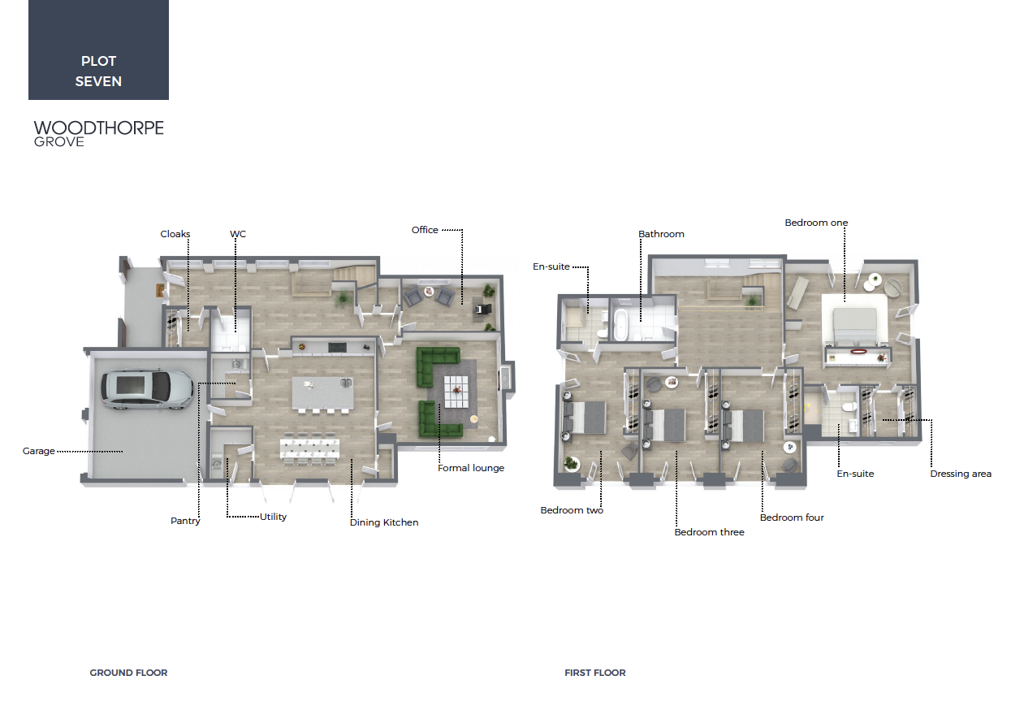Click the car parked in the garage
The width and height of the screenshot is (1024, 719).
(147, 390)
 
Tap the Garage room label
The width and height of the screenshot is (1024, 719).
(38, 451)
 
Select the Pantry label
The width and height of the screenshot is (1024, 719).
(185, 521)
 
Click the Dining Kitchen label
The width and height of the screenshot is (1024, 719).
(384, 522)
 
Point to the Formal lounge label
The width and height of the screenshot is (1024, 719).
(471, 468)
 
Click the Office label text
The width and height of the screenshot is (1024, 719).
(425, 230)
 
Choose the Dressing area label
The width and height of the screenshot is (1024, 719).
(961, 474)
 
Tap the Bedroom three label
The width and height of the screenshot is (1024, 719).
(709, 532)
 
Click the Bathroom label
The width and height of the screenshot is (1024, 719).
(661, 234)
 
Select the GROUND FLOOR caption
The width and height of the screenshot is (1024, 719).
(128, 673)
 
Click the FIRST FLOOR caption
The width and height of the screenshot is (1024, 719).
(594, 673)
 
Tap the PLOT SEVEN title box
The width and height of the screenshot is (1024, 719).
(98, 50)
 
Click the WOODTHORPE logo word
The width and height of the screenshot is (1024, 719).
(99, 128)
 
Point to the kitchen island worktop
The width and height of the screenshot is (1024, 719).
(322, 392)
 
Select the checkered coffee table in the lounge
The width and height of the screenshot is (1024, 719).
(456, 391)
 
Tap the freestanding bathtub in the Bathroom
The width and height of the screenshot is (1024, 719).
(620, 324)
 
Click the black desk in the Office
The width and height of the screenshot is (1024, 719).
(483, 310)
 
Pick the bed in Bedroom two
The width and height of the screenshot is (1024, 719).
(585, 417)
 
